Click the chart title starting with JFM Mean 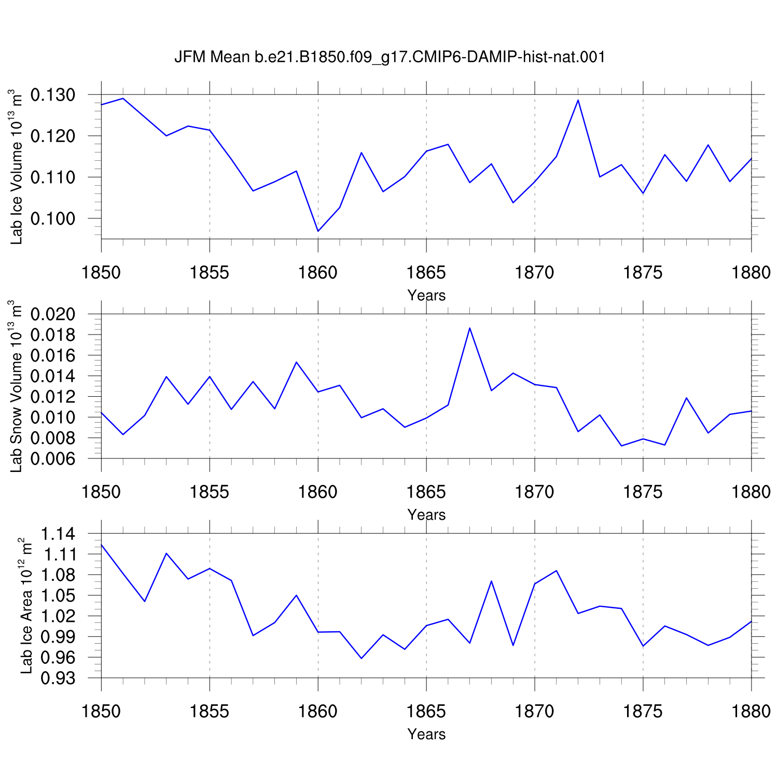(390, 57)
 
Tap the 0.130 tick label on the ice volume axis (53, 95)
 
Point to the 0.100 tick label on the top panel (53, 218)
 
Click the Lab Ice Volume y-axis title (16, 166)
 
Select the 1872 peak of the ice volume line (578, 100)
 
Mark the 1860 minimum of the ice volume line (318, 231)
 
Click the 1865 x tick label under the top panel (426, 272)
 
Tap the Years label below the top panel (426, 295)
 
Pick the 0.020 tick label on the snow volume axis (53, 314)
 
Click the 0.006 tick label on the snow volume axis (53, 459)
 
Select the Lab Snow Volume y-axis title (16, 386)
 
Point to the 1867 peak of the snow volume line (469, 328)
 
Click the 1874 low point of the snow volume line (621, 446)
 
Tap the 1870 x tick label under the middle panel (535, 492)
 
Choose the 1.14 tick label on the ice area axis (58, 534)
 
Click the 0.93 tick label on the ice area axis (58, 678)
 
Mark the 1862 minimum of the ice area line (361, 658)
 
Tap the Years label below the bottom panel (426, 734)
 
